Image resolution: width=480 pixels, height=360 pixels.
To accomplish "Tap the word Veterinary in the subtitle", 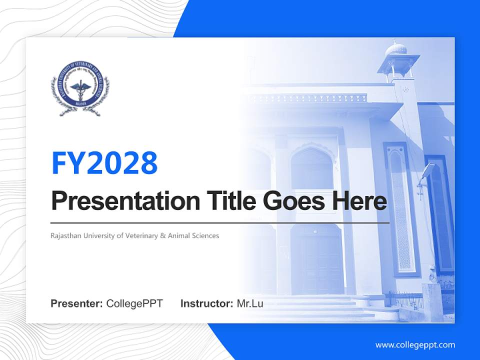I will [x=140, y=235].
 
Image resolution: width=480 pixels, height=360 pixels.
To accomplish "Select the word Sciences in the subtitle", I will [x=205, y=235].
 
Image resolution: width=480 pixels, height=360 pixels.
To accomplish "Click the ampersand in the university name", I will [x=162, y=235].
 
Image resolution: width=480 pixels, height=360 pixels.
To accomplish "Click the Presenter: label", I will [x=77, y=303].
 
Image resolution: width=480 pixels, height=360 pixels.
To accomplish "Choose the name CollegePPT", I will [x=134, y=303].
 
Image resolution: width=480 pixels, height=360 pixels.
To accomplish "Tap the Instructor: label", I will [x=206, y=303].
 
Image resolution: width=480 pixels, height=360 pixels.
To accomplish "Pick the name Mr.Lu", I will [x=250, y=303].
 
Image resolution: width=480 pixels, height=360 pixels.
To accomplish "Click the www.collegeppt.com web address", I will [x=415, y=344].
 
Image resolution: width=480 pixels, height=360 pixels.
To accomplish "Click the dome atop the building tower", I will [x=395, y=48].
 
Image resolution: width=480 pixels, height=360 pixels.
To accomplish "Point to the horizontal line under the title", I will [x=220, y=223].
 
